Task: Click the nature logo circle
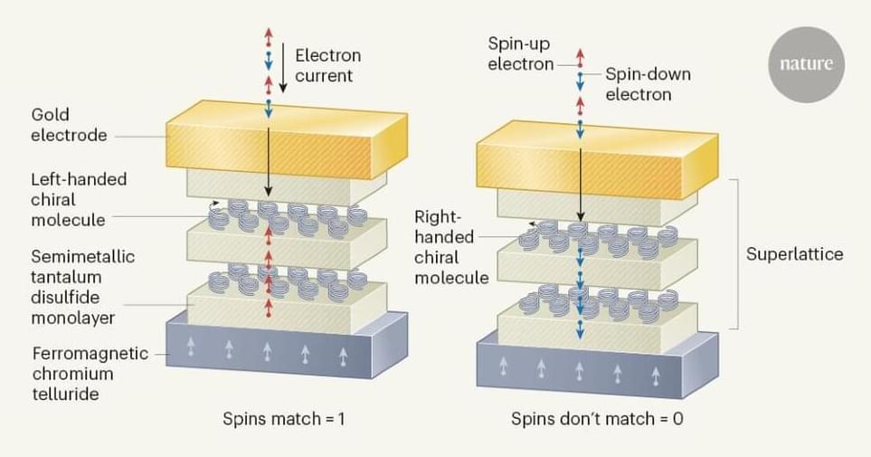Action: pyautogui.click(x=805, y=64)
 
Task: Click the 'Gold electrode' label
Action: pyautogui.click(x=69, y=126)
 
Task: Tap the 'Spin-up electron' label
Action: pyautogui.click(x=520, y=53)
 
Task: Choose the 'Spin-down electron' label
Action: pyautogui.click(x=648, y=84)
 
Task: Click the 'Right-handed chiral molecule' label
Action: pyautogui.click(x=452, y=247)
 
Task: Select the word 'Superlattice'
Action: pyautogui.click(x=794, y=254)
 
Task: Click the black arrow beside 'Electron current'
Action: pyautogui.click(x=283, y=70)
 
